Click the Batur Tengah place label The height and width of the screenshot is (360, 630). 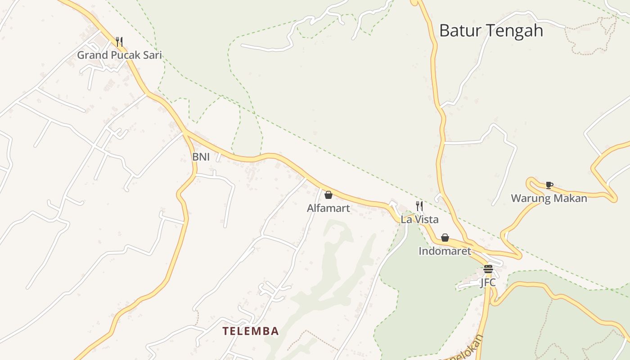(x=491, y=31)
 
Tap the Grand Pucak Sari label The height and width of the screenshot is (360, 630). (x=119, y=55)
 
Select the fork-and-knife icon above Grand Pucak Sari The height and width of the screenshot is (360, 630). (x=119, y=42)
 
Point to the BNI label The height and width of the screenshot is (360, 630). (x=201, y=157)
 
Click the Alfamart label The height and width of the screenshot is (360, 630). (x=328, y=208)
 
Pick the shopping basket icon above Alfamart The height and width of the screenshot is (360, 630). (x=328, y=195)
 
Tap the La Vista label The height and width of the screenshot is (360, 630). (x=419, y=220)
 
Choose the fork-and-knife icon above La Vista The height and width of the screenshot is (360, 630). (x=419, y=206)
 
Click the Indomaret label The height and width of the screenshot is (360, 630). (x=445, y=251)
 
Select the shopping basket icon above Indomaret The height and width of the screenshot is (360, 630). (x=445, y=238)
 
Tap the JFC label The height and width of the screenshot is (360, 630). (x=488, y=283)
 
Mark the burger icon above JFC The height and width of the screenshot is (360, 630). (x=488, y=269)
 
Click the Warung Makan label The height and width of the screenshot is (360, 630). (x=549, y=198)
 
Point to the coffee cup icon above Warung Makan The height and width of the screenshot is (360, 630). (x=549, y=185)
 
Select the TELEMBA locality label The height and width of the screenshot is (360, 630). (x=251, y=331)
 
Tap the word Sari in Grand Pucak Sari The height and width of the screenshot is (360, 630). (x=153, y=55)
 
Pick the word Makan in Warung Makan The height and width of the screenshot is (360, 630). (x=572, y=198)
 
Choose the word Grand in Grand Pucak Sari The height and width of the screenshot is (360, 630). (x=90, y=55)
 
